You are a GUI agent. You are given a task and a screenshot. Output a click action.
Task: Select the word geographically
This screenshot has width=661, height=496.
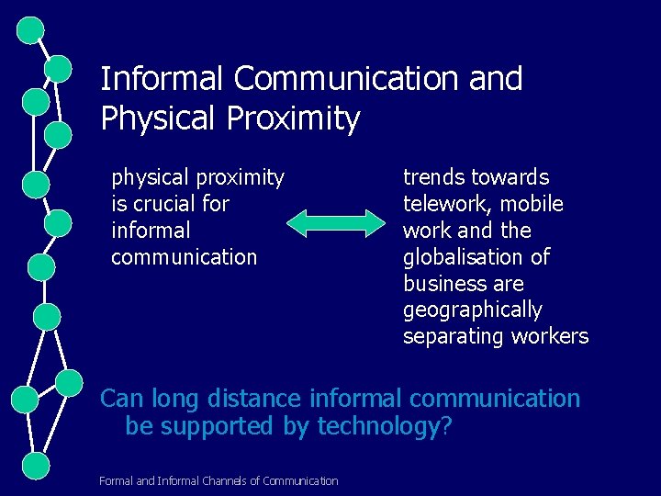coord(473,310)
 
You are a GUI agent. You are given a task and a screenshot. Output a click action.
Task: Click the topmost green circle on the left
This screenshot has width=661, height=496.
coord(31,29)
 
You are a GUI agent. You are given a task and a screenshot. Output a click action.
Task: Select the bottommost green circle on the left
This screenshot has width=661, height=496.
coord(35,466)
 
